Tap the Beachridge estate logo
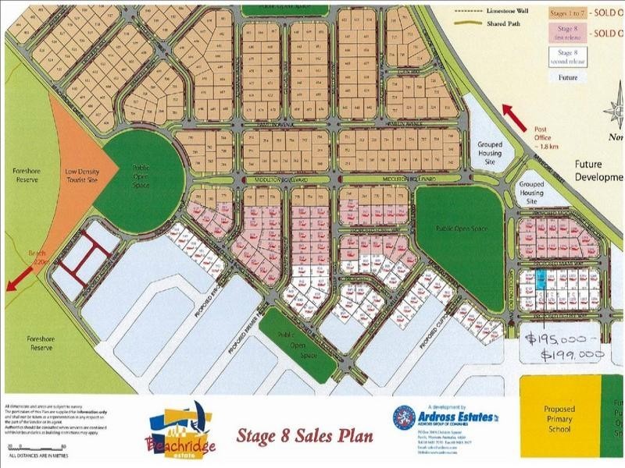click(x=182, y=431)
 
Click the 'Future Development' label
click(x=598, y=171)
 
